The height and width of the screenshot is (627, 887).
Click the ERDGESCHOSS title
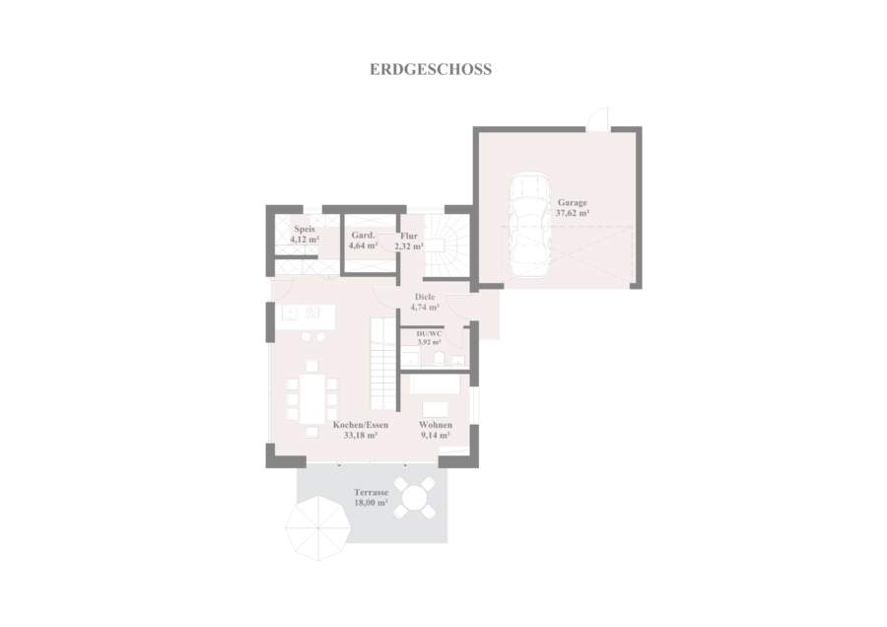431,69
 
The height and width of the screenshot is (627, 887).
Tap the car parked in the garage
528,225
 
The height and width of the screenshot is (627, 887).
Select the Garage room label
573,202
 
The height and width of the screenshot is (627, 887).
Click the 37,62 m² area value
573,213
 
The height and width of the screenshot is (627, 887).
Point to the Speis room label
305,229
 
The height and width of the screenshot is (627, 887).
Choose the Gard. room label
363,235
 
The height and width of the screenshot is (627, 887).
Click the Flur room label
409,236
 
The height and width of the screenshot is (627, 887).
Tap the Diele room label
425,297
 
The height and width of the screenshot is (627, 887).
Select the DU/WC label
430,334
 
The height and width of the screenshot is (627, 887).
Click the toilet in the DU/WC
439,358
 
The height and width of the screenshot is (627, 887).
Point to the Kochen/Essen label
361,425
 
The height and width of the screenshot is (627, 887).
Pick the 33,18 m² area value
361,436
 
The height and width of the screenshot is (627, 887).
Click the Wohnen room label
436,425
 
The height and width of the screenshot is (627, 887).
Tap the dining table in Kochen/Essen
312,399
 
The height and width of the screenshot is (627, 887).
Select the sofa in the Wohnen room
435,384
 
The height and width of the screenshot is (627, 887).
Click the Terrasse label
372,492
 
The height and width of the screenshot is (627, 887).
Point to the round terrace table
415,498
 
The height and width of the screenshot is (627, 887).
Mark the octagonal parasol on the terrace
318,528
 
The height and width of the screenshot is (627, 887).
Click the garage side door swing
597,118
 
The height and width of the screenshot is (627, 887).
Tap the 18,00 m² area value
372,503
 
